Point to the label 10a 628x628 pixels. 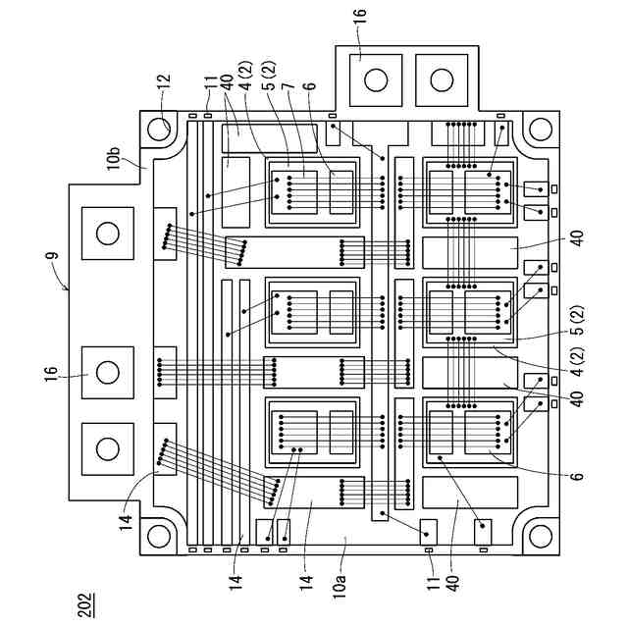click(x=341, y=588)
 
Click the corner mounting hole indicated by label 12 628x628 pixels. click(x=161, y=130)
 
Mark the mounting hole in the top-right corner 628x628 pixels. click(x=539, y=130)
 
